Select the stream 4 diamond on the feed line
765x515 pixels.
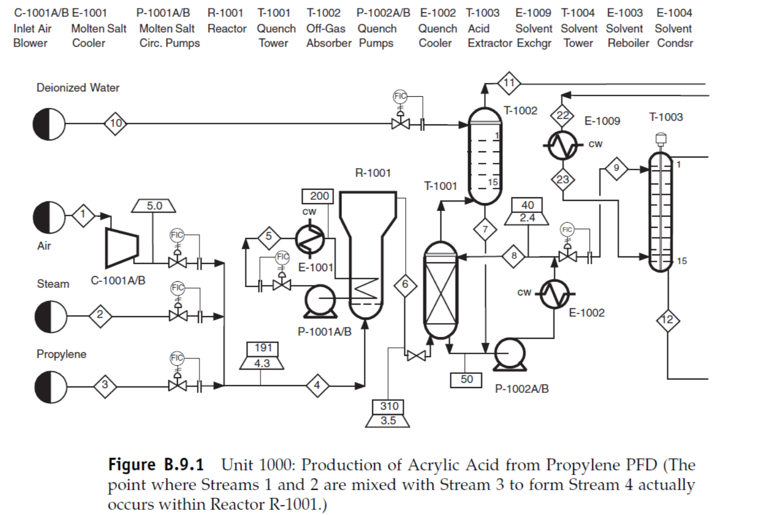[x=317, y=385]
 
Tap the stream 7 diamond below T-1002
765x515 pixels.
[x=485, y=229]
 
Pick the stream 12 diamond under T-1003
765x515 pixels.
[x=668, y=320]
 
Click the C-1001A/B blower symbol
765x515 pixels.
[x=123, y=247]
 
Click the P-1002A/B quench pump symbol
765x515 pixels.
[x=510, y=354]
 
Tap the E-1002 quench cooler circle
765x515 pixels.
[x=554, y=295]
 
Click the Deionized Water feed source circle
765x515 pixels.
[x=49, y=124]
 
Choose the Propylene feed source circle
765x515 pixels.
[x=51, y=386]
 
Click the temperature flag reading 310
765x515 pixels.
[x=389, y=406]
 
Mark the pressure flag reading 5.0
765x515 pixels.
[x=154, y=206]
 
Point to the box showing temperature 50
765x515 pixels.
[x=467, y=379]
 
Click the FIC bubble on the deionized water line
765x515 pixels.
[x=400, y=96]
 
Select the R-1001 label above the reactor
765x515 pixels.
[x=372, y=173]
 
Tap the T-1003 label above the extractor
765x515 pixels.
[x=666, y=117]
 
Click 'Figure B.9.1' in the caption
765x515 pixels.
[x=156, y=465]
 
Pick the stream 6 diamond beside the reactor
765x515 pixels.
[x=405, y=284]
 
